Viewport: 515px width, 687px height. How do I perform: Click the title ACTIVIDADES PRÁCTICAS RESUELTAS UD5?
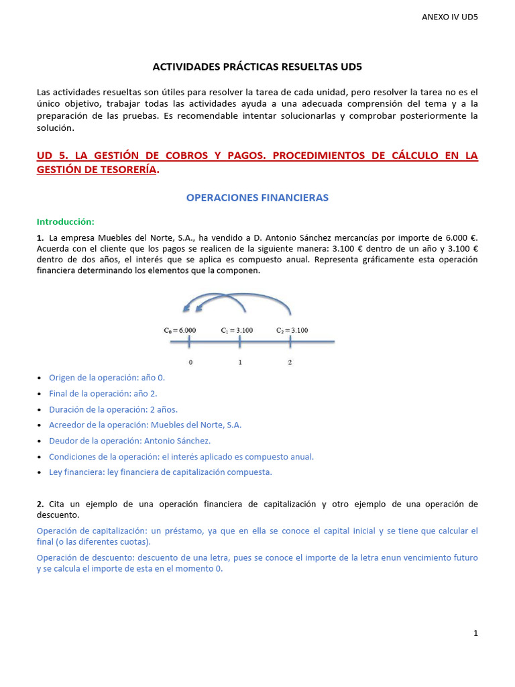pos(257,67)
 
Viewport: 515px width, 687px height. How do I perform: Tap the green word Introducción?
pos(66,221)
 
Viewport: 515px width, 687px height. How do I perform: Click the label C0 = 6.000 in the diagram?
pos(180,330)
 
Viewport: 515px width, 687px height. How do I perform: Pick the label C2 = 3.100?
pos(292,330)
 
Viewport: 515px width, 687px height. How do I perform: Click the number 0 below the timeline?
pos(190,362)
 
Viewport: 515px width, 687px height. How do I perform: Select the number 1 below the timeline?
pos(240,362)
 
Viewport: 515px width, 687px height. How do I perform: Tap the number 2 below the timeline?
pos(290,362)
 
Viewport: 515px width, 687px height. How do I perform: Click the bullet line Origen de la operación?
pos(107,378)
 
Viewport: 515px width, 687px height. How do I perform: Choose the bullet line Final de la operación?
pos(103,394)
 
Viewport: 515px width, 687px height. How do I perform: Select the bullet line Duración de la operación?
pos(113,409)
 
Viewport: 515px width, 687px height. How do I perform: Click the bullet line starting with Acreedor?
pos(145,425)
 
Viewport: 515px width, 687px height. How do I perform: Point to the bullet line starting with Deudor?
pos(129,441)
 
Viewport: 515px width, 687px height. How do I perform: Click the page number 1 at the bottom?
pos(475,633)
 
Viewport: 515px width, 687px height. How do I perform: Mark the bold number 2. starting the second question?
pos(41,504)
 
